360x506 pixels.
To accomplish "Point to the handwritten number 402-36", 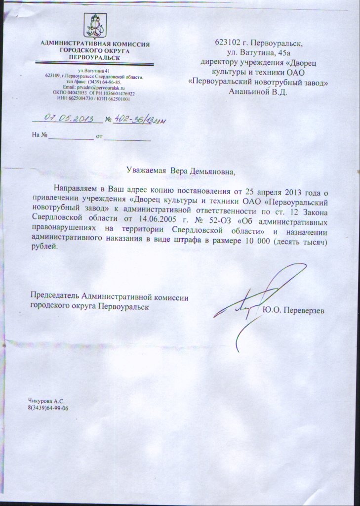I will coord(130,120).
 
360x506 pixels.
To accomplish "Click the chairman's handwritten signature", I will coord(257,301).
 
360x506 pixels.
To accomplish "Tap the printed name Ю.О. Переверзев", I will coord(294,310).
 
